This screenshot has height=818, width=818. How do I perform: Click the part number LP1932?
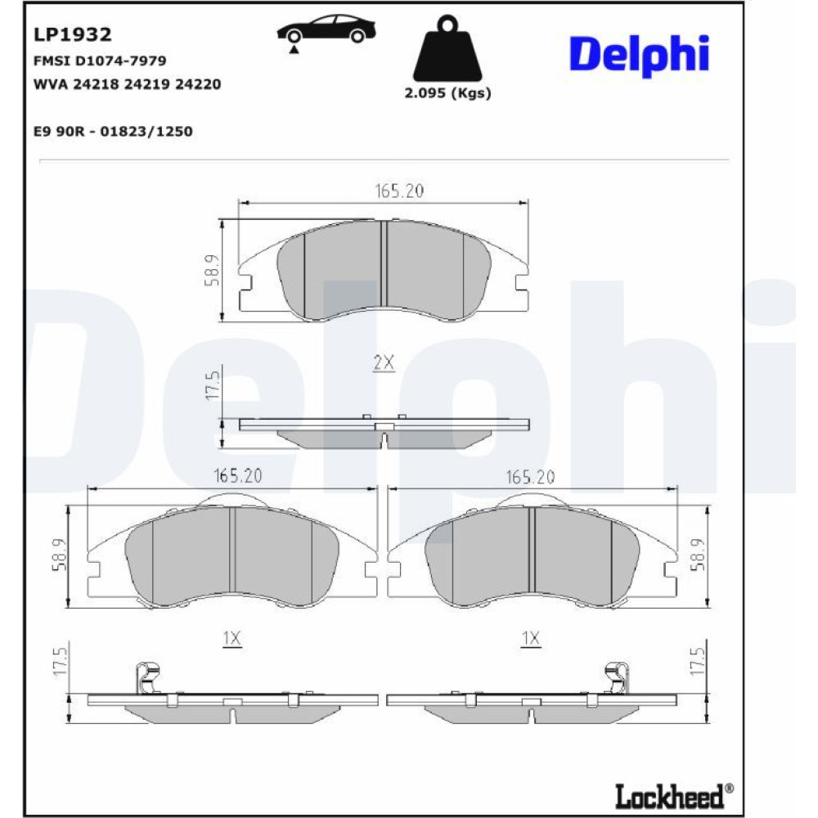(73, 34)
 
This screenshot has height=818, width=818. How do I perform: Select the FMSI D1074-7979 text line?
(100, 61)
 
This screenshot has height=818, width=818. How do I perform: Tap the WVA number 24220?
(198, 84)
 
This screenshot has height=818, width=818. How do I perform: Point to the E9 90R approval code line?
(113, 131)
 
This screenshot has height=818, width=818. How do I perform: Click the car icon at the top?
(326, 30)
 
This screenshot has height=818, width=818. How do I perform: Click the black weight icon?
(447, 48)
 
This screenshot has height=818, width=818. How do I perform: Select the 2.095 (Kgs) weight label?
(447, 93)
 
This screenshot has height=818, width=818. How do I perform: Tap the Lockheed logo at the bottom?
(673, 796)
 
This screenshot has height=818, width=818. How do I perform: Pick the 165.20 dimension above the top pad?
(400, 191)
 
